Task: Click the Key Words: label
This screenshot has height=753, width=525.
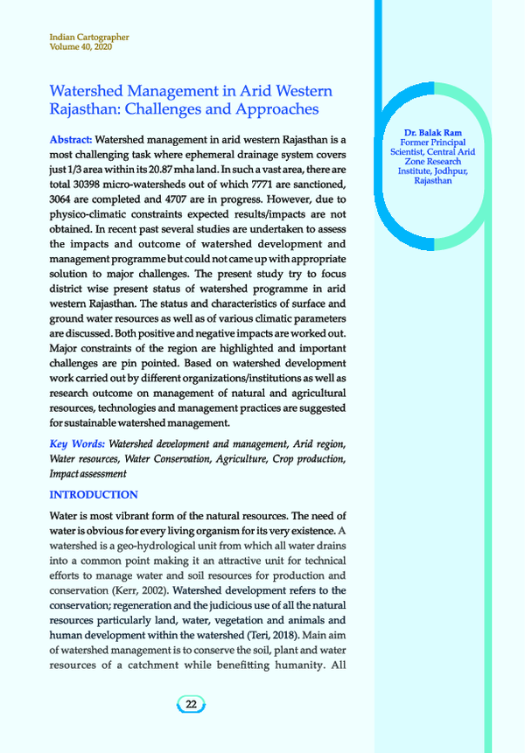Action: click(77, 444)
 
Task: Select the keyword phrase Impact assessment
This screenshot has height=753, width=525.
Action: click(88, 474)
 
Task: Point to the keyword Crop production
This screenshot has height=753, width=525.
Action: click(306, 459)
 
